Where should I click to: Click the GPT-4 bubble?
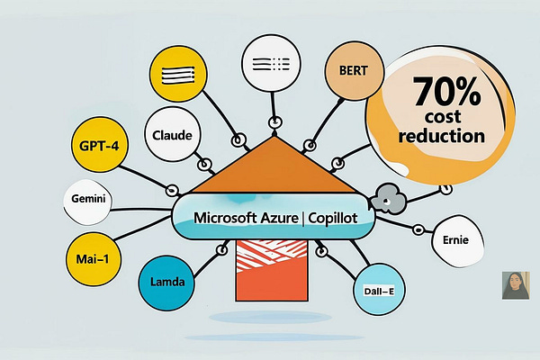97,144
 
